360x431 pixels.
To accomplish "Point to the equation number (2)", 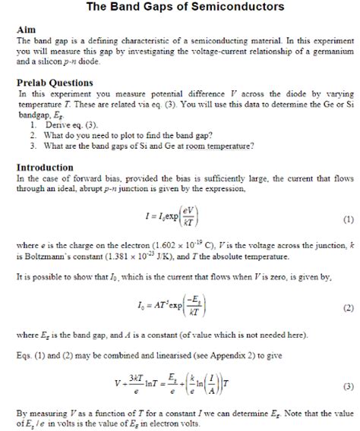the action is coord(349,308).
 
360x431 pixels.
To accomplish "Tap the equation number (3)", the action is coord(349,385).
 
